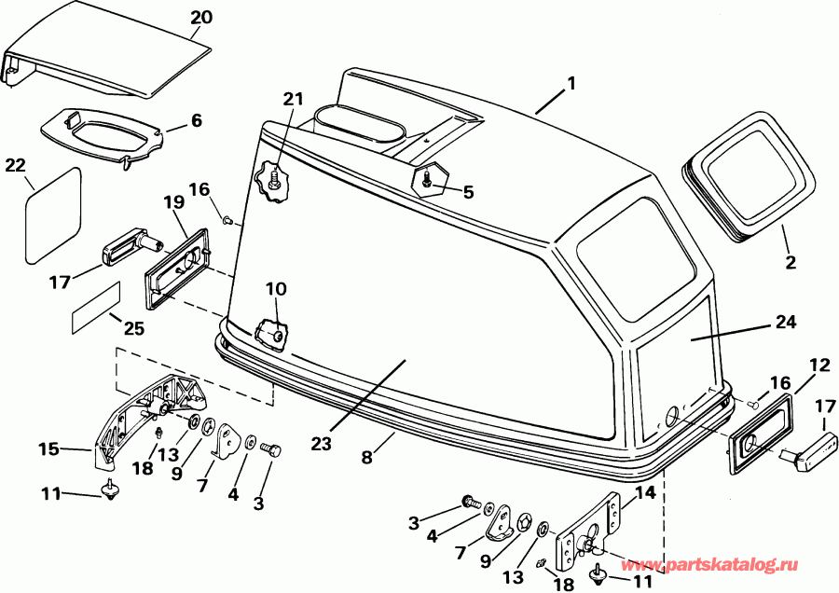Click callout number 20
click(x=201, y=18)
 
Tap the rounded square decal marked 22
click(x=53, y=215)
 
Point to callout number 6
click(x=197, y=120)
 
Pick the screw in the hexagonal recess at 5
click(x=426, y=179)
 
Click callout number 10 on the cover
click(x=276, y=289)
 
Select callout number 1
click(x=571, y=84)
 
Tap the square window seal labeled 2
click(x=750, y=176)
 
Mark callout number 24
click(x=786, y=323)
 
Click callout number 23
click(x=321, y=444)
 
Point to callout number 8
click(x=366, y=458)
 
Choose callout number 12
click(x=819, y=365)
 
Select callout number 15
click(x=48, y=448)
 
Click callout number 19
click(x=174, y=202)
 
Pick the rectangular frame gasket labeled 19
click(x=176, y=269)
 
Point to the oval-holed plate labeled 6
click(x=103, y=135)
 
